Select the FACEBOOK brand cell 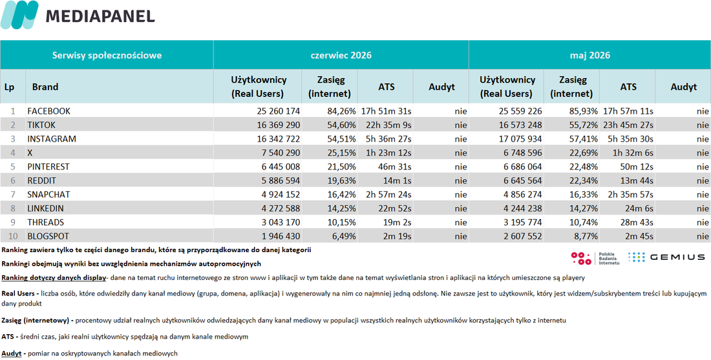point(49,111)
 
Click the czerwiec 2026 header point(341,56)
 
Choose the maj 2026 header point(590,56)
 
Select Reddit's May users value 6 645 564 point(517,181)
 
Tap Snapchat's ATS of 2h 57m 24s point(387,195)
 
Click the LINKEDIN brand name point(46,209)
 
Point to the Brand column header point(45,87)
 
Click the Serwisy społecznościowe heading point(107,56)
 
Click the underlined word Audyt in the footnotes point(12,353)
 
